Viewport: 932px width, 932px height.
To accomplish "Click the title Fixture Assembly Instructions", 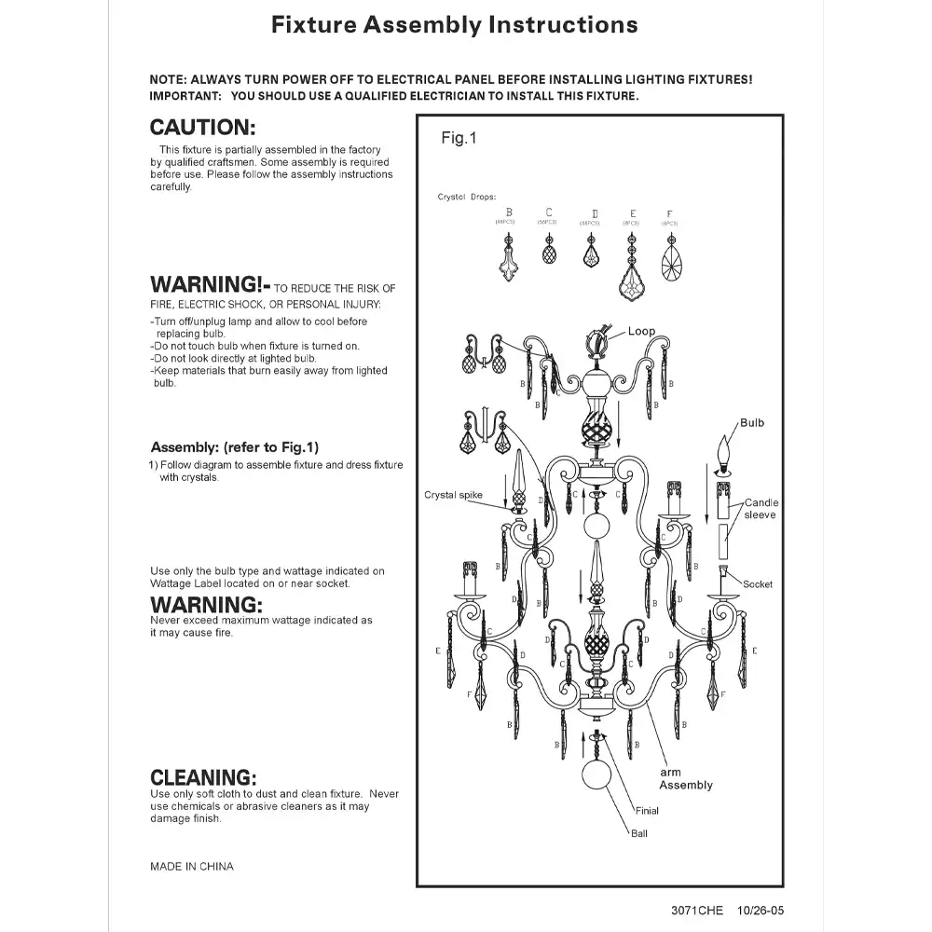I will (x=454, y=25).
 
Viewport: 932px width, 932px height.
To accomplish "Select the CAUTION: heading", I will (x=202, y=128).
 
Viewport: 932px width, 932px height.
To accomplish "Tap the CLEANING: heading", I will (x=202, y=777).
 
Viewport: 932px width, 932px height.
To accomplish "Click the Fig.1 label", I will (x=459, y=139).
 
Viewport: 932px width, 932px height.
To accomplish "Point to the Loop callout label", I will (x=641, y=332).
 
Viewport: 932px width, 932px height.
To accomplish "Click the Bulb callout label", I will (x=751, y=423).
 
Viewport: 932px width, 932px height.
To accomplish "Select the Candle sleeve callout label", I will (x=761, y=509).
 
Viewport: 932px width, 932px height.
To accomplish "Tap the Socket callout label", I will (x=757, y=584).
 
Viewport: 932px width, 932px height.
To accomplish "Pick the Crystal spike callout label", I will (x=453, y=495).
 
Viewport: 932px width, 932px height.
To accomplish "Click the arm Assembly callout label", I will (x=685, y=779).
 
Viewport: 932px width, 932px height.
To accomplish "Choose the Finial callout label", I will (x=647, y=811).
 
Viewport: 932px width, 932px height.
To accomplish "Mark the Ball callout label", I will (x=638, y=833).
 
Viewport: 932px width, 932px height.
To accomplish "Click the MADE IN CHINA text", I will (x=192, y=867).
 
